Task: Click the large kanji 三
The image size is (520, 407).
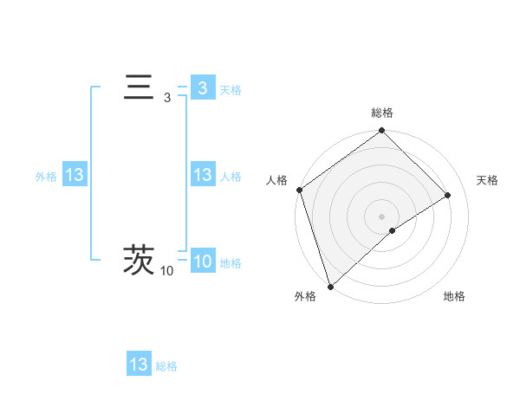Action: point(139,89)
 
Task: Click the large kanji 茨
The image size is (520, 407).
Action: point(139,260)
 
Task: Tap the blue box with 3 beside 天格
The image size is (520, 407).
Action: point(202,88)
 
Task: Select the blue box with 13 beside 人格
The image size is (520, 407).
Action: point(202,176)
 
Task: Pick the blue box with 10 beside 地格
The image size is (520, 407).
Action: point(202,262)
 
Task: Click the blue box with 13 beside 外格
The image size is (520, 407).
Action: point(75,176)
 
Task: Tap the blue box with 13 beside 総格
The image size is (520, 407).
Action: point(139,365)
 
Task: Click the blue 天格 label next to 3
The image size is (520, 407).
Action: point(231,90)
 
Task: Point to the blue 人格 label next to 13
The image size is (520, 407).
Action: point(231,177)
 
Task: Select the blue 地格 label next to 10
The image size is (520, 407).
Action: point(231,263)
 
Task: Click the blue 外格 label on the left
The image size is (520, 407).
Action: point(46,177)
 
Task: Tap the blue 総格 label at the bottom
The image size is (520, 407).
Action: point(166,366)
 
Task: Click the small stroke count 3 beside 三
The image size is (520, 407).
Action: point(167,99)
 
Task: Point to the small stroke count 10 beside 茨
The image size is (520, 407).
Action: point(166,272)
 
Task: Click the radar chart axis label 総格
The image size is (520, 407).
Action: point(382,113)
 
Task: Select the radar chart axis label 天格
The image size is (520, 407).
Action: point(488,180)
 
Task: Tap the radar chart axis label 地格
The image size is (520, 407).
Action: point(454,297)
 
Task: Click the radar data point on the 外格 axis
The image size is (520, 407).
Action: point(330,286)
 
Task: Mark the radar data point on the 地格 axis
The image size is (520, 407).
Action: point(393,230)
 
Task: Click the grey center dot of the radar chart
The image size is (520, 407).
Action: point(382,216)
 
